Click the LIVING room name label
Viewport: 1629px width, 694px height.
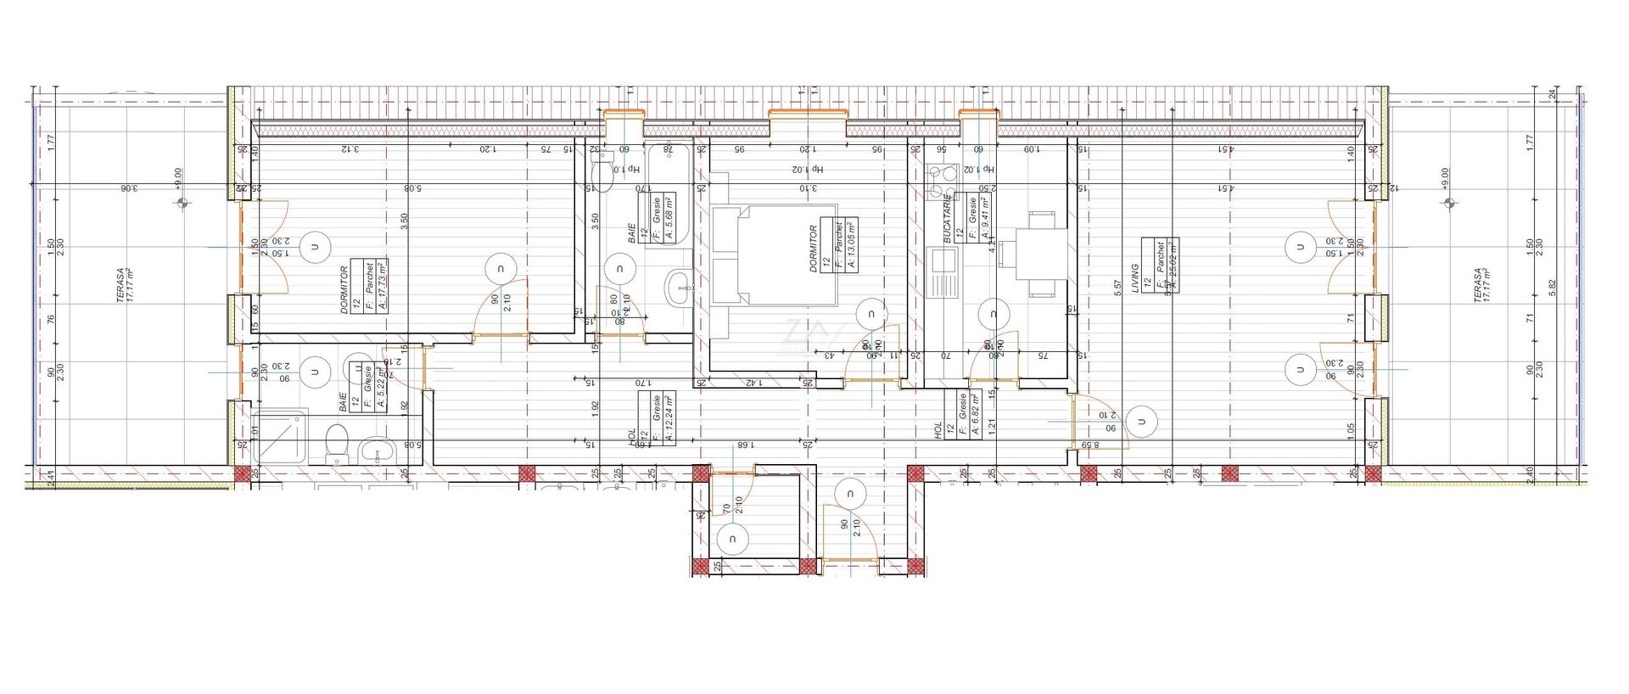point(1134,279)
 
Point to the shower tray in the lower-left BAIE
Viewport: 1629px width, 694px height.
point(281,438)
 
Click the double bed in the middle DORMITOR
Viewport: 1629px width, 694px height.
point(775,255)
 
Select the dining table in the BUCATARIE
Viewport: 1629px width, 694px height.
point(1040,255)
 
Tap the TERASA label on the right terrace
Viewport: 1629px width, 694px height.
point(1481,286)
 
